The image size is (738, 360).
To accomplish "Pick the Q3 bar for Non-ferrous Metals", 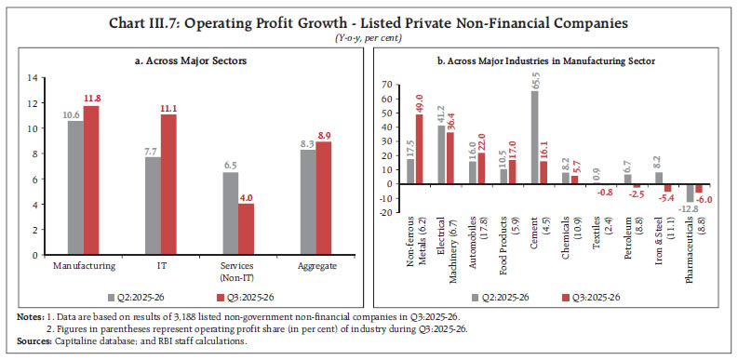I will tap(419, 149).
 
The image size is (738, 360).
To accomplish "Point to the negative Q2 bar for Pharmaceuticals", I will tap(689, 193).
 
